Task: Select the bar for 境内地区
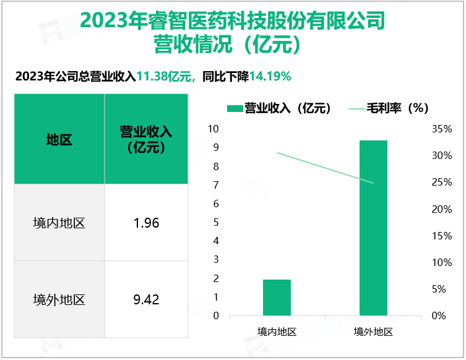(x=277, y=298)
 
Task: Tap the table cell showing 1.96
(x=146, y=223)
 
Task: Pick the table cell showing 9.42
(x=146, y=300)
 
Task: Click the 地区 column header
(x=59, y=140)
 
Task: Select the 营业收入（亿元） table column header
(x=146, y=140)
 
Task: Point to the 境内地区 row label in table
(x=59, y=223)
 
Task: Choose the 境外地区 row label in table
(x=59, y=300)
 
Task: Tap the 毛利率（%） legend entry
(x=390, y=108)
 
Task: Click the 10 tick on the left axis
(x=214, y=129)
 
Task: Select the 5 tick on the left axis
(x=216, y=222)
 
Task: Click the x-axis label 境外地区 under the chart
(x=373, y=332)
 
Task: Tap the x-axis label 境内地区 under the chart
(x=277, y=332)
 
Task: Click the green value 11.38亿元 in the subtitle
(x=164, y=77)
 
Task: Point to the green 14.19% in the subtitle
(x=270, y=77)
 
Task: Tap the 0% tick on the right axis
(x=439, y=316)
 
